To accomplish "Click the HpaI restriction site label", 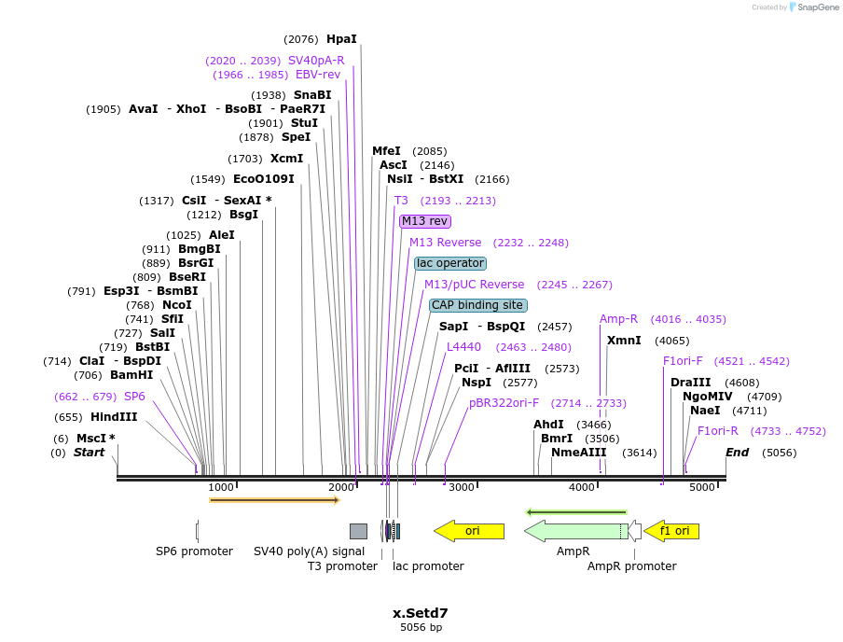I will (341, 39).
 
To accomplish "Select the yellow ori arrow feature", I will (469, 531).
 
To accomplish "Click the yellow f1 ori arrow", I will (671, 531).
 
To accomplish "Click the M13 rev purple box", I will (425, 221).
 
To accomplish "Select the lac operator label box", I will (450, 263).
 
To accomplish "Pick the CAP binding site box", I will (477, 305).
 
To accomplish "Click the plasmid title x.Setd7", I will (421, 613).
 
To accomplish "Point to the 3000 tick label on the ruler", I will (461, 487).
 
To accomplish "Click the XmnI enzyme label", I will (624, 341).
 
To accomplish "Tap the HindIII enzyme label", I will (114, 417).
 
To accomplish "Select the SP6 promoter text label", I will (194, 551).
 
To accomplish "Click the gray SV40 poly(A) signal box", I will (358, 531).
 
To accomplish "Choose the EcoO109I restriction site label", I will (263, 179).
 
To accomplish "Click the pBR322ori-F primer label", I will (504, 403).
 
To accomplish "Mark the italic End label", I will (738, 453).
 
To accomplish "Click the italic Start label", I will (90, 453).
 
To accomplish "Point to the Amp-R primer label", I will (618, 319).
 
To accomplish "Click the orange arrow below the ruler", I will (274, 500).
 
